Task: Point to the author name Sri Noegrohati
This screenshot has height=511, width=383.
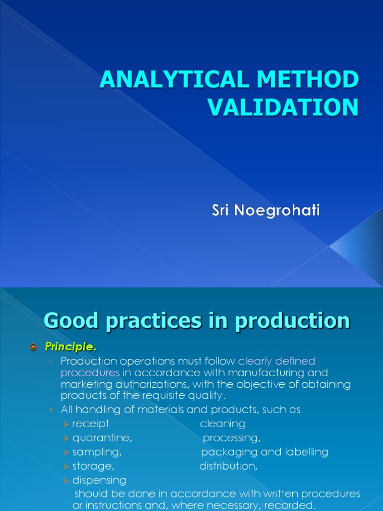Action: click(x=265, y=211)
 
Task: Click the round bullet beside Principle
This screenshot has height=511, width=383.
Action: click(x=34, y=347)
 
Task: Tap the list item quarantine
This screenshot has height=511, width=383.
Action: click(x=102, y=438)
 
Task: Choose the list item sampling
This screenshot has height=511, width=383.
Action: click(x=97, y=452)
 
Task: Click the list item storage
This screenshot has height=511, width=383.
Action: click(x=93, y=466)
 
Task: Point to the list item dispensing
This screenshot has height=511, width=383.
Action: click(x=99, y=480)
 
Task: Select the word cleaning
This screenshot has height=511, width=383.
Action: click(x=222, y=424)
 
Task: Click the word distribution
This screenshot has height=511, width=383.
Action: click(x=228, y=466)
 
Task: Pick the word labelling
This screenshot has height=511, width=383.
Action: click(x=307, y=452)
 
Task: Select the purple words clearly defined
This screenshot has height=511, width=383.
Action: click(x=277, y=361)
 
